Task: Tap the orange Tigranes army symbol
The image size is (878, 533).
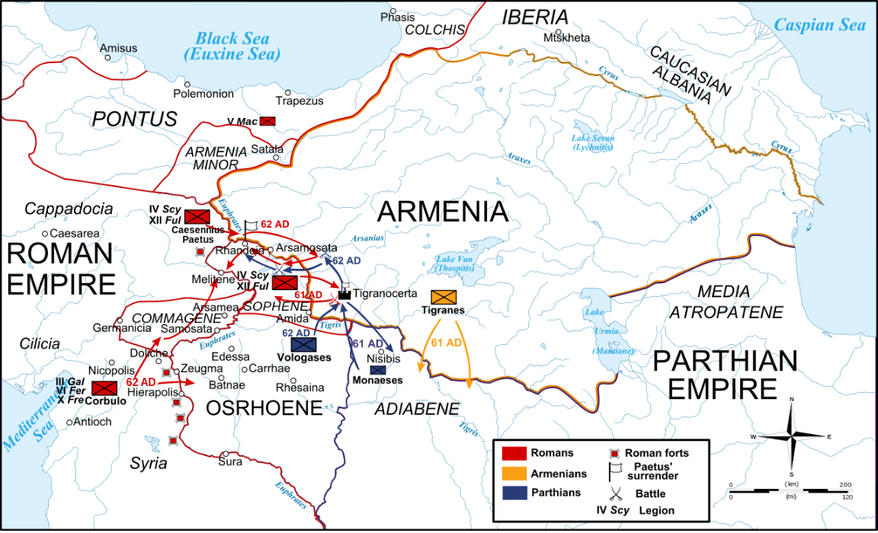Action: tap(444, 297)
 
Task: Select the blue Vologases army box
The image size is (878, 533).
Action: tap(293, 345)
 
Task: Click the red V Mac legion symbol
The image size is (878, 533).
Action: tap(268, 121)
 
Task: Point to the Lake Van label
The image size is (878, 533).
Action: tap(455, 264)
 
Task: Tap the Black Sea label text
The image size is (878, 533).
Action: tap(232, 46)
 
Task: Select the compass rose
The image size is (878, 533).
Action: tap(793, 436)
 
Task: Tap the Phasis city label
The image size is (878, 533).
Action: tap(399, 15)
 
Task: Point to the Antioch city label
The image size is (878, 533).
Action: tap(94, 422)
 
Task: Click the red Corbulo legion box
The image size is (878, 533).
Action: tap(104, 388)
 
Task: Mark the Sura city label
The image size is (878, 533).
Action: tap(231, 462)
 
